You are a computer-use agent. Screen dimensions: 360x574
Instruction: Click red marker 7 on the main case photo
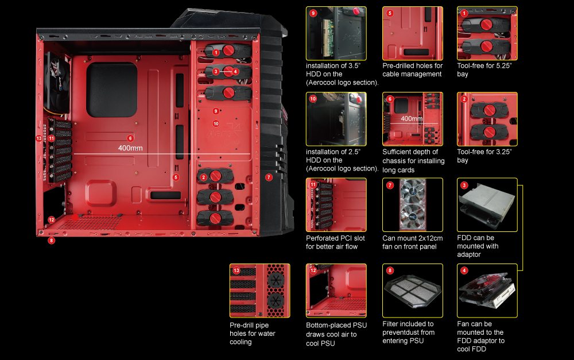[269, 177]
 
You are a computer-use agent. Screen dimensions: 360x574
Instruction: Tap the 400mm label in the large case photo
[131, 148]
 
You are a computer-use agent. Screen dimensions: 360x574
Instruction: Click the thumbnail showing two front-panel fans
[413, 204]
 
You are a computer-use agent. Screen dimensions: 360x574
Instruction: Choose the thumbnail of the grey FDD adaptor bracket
[487, 204]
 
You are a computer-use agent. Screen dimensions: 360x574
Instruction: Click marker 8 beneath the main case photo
[52, 241]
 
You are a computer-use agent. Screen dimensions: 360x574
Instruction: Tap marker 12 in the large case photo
[52, 219]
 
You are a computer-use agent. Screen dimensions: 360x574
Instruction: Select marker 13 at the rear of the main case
[39, 139]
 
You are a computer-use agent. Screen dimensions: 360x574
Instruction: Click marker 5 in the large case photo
[176, 177]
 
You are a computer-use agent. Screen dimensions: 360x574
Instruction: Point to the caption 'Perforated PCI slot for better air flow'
[332, 242]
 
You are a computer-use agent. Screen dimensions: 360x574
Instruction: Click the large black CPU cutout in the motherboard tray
[111, 90]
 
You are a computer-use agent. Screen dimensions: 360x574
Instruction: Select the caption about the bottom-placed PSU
[336, 334]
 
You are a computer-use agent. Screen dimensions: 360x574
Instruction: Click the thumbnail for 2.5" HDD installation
[336, 119]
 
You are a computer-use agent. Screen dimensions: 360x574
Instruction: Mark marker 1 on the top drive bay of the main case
[216, 52]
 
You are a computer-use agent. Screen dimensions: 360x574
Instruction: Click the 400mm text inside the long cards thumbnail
[412, 119]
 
